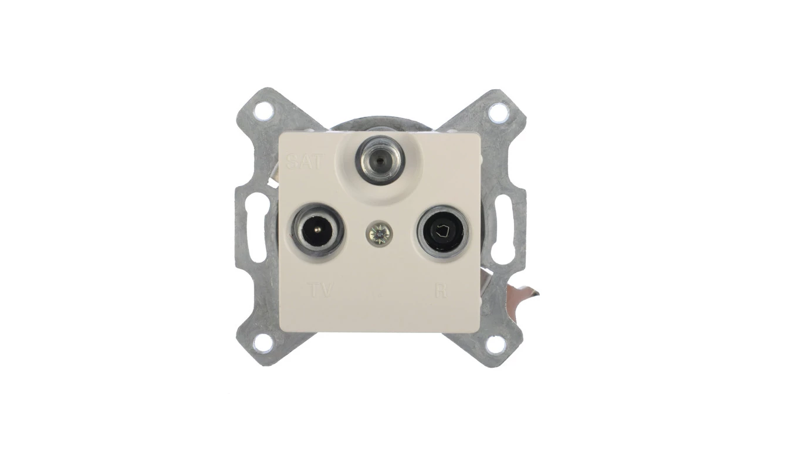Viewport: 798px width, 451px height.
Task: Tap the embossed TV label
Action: tap(320, 290)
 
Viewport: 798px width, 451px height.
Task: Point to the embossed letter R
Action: tap(441, 290)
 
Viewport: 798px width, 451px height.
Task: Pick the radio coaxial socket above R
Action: tap(443, 232)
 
